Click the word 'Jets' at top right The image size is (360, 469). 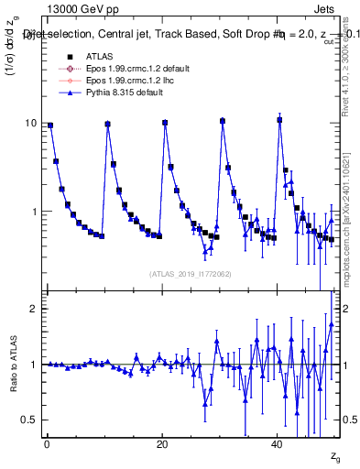click(x=326, y=9)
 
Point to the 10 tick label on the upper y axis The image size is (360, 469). click(x=30, y=124)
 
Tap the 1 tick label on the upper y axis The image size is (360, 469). click(x=34, y=212)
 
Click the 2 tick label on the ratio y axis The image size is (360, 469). click(x=34, y=309)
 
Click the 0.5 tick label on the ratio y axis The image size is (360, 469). click(x=29, y=420)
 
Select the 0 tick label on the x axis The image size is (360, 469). click(x=47, y=444)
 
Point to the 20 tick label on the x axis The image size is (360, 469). click(x=162, y=444)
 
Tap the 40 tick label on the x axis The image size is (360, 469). click(x=278, y=444)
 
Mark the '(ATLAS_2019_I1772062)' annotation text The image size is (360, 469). click(x=191, y=273)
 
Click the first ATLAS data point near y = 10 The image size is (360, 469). click(x=50, y=125)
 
